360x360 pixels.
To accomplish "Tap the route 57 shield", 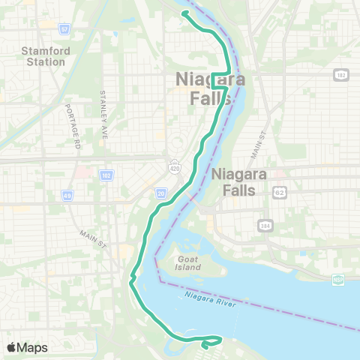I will (x=65, y=29).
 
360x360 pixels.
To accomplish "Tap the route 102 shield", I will (x=106, y=175).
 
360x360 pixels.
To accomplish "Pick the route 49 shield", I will (x=67, y=196).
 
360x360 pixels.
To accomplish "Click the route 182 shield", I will (x=342, y=76).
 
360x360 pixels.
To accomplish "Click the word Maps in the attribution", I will (x=32, y=347).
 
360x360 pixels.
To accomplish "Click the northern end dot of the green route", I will (x=184, y=13).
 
